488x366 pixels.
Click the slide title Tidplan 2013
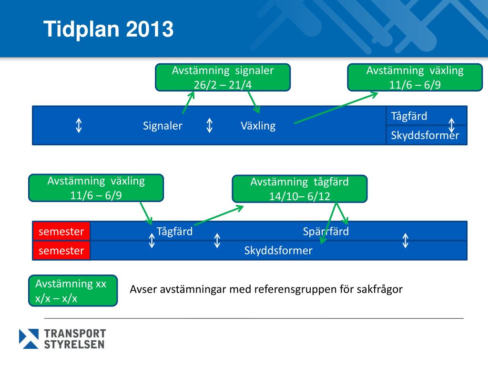(x=109, y=30)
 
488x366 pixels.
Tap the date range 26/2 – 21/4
(x=223, y=84)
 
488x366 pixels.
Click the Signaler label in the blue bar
(x=163, y=126)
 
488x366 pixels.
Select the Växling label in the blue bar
(x=258, y=126)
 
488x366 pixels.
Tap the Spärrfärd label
(x=325, y=232)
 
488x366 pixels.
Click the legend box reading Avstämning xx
(x=73, y=291)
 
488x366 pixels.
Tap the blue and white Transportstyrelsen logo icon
(x=29, y=338)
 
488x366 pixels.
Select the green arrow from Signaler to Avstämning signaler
(x=188, y=102)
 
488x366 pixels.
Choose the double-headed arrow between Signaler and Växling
(x=209, y=126)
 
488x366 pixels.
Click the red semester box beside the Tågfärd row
(x=61, y=232)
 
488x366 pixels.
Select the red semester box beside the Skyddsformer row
(x=61, y=251)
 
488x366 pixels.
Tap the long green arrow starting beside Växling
(x=335, y=108)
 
